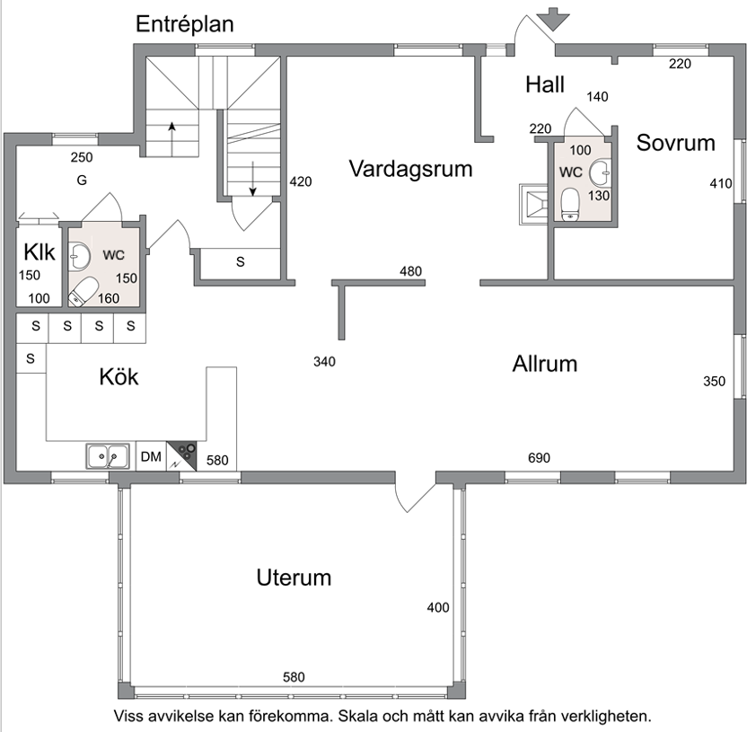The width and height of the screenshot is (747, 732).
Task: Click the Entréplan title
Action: click(x=185, y=25)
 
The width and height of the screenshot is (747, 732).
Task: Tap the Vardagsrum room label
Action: click(x=410, y=169)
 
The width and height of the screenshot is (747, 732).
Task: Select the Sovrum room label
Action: click(x=675, y=143)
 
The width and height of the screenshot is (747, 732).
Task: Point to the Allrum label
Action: click(x=544, y=364)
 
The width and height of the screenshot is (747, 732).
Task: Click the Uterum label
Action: click(x=294, y=578)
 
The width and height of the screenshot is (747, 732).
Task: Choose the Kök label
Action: click(x=119, y=377)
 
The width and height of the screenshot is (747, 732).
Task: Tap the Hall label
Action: click(x=544, y=84)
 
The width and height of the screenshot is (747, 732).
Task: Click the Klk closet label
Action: click(x=40, y=252)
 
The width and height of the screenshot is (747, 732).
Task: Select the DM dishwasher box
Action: click(x=151, y=456)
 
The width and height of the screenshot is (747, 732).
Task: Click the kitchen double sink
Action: click(x=108, y=456)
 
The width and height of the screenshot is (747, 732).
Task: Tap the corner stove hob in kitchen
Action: click(x=181, y=456)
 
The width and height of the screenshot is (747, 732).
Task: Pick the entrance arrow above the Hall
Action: click(x=553, y=20)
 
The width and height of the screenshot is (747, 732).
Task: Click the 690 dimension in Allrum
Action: click(x=539, y=458)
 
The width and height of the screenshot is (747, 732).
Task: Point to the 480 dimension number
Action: click(x=410, y=271)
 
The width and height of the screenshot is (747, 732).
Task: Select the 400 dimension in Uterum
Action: click(x=438, y=608)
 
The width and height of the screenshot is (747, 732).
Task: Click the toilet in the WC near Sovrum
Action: click(x=570, y=205)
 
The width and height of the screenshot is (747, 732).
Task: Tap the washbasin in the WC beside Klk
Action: click(x=79, y=255)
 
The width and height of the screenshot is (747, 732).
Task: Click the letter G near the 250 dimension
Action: click(x=82, y=181)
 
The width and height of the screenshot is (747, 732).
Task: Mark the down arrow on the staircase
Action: click(x=253, y=179)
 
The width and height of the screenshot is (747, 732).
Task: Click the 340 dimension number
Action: click(x=324, y=362)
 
